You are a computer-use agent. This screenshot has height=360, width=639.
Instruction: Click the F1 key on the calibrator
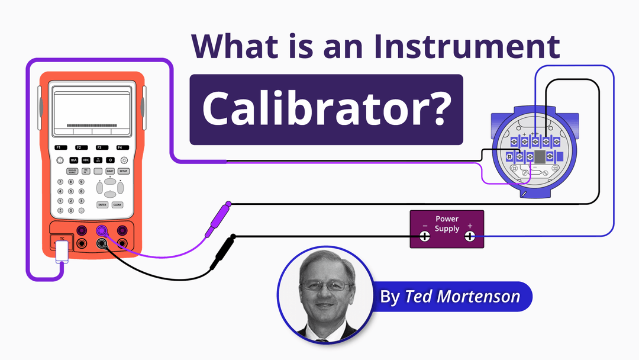coord(59,147)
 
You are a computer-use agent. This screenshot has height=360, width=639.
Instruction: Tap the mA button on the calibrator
coord(74,160)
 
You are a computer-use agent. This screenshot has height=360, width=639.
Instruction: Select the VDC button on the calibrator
coord(86,160)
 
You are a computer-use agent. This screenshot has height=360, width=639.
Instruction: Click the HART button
coord(110,171)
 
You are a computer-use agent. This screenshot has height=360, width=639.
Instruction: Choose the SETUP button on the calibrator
coord(123,171)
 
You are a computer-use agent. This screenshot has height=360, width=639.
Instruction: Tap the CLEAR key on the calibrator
coord(117,204)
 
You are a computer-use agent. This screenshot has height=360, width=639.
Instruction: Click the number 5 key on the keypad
coord(71,191)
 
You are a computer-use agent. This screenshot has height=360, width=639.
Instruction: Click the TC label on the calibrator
coord(62,237)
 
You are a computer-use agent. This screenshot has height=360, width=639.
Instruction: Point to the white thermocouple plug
coord(62,253)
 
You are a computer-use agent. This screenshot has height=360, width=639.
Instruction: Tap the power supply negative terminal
coord(425,237)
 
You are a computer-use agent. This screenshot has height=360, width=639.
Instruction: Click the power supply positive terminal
coord(469,237)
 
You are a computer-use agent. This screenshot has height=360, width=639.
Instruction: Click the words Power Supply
coord(447,224)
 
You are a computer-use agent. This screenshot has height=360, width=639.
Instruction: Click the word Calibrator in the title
coord(325,110)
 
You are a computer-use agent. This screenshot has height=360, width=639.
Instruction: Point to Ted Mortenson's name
coord(461,296)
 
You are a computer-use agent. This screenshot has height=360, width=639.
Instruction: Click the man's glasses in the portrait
coord(325,285)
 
